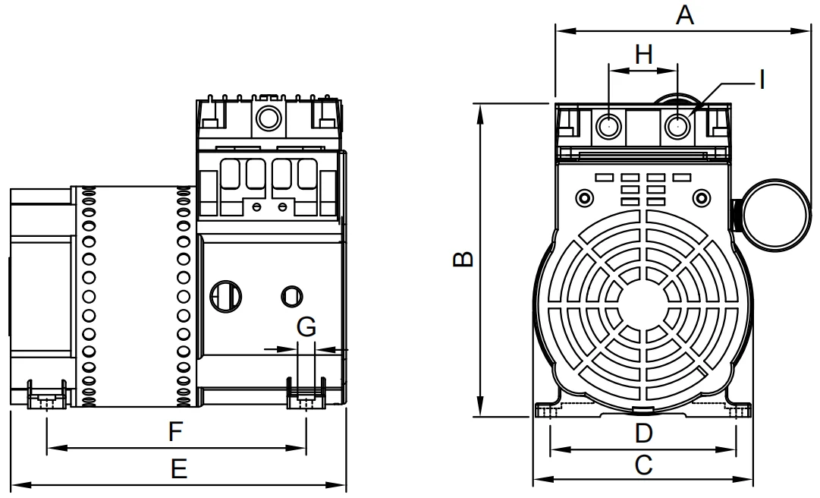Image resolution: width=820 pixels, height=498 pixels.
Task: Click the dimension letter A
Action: point(685,14)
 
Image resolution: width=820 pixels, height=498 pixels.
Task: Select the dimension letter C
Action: point(643,465)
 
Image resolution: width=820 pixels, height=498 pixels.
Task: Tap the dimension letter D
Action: point(643,433)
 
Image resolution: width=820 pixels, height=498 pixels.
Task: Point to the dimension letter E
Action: point(178,470)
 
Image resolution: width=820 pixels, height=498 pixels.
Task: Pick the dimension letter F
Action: point(175,433)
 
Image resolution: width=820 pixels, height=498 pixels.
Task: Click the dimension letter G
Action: point(306,327)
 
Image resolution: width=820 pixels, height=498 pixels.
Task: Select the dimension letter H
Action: point(643,54)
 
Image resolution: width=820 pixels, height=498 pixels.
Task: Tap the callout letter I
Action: point(762,79)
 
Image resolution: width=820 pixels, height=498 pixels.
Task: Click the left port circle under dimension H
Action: point(609,126)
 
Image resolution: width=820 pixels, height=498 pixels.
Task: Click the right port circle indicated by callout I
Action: point(677,126)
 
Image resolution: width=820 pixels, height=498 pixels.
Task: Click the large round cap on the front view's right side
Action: point(773,213)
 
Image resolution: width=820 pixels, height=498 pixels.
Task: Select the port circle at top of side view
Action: point(267,118)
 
